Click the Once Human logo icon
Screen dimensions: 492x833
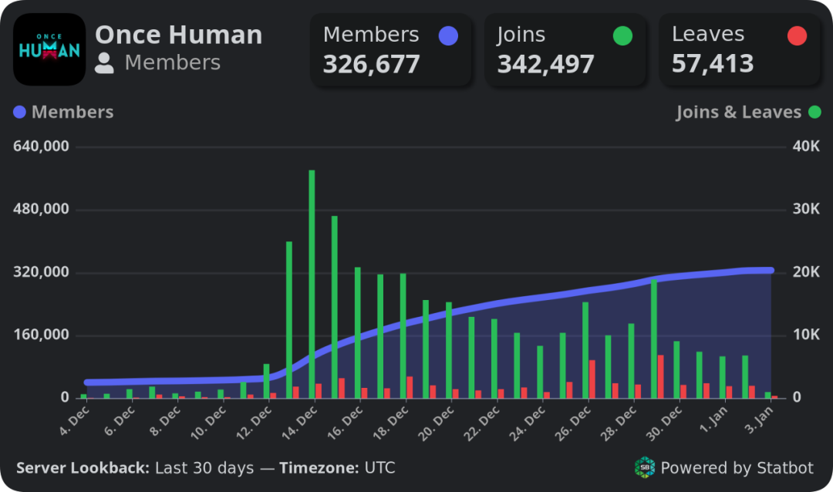[49, 49]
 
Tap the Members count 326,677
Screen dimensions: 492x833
[371, 64]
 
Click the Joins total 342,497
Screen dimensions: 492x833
[545, 64]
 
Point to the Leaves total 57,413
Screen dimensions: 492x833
[712, 64]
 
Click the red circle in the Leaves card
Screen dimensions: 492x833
[797, 35]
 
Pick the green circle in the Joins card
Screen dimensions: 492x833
[622, 35]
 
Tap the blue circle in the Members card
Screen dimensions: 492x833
[447, 35]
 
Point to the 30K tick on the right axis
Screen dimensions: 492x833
[805, 210]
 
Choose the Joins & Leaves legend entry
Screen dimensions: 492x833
[738, 113]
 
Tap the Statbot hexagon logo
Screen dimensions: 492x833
[644, 467]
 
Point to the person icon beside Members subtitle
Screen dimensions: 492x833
[104, 63]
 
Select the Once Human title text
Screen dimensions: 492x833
[178, 35]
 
